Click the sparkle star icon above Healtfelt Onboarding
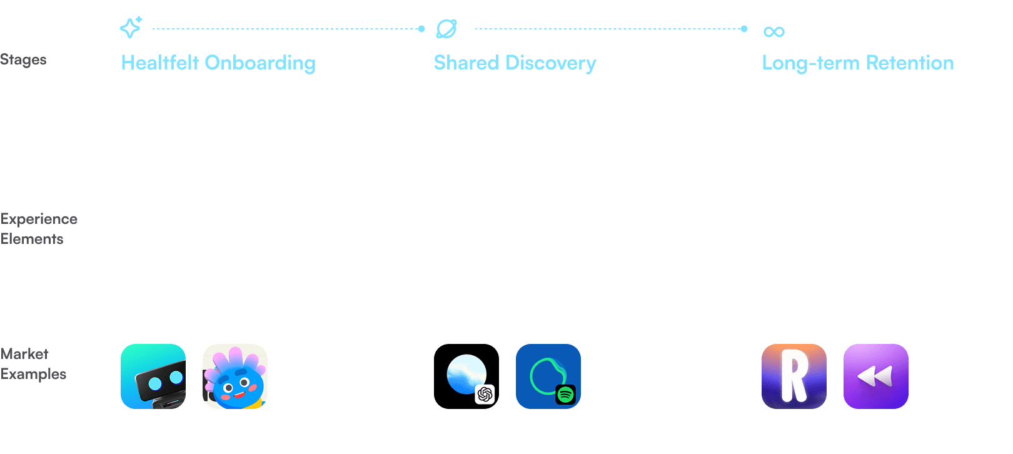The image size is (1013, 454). [131, 28]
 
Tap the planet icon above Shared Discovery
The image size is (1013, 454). [446, 29]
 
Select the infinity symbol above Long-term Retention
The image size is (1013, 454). [774, 32]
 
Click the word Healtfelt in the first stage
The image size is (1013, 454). [160, 63]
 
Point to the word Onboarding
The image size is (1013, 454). [260, 63]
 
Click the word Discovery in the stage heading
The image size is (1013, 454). [550, 63]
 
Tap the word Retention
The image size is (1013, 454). [909, 63]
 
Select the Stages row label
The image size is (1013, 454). [23, 59]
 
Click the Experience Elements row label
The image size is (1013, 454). [39, 229]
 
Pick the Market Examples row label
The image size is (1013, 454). [33, 364]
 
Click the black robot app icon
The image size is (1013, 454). [153, 376]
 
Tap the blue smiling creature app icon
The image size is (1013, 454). [235, 376]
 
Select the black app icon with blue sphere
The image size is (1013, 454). [466, 376]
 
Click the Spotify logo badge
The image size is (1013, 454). [565, 395]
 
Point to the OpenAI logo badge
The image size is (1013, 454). [485, 395]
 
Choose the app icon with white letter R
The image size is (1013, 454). [794, 376]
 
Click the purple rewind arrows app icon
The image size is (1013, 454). [876, 376]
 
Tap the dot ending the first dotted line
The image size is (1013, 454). [421, 29]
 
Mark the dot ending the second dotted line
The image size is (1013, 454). [744, 29]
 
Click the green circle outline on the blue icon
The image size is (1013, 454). [532, 376]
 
